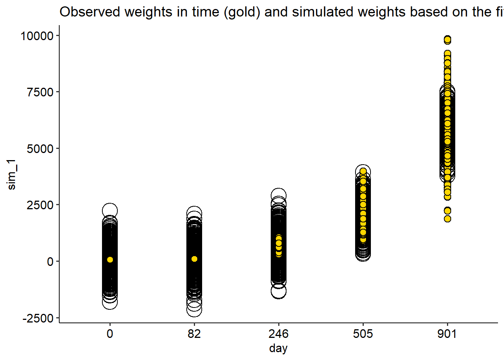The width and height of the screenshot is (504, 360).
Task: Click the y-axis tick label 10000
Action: pyautogui.click(x=37, y=36)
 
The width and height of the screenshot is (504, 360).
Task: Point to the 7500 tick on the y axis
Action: pyautogui.click(x=40, y=92)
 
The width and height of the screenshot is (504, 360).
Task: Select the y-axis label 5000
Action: pyautogui.click(x=40, y=149)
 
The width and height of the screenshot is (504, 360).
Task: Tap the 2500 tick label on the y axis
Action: pyautogui.click(x=40, y=205)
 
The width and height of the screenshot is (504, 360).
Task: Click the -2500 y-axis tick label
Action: pyautogui.click(x=38, y=318)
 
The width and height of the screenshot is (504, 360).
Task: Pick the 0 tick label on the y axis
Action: pyautogui.click(x=50, y=262)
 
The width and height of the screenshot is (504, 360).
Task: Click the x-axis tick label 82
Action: pyautogui.click(x=194, y=334)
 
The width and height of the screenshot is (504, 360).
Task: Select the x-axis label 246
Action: pyautogui.click(x=279, y=334)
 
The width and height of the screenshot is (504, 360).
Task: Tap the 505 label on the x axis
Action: pyautogui.click(x=363, y=334)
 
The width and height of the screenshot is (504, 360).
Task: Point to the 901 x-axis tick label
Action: pyautogui.click(x=447, y=334)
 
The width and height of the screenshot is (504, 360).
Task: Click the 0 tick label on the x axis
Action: pyautogui.click(x=110, y=334)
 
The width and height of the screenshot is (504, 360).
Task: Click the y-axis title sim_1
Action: pyautogui.click(x=12, y=174)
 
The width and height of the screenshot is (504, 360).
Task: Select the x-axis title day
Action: pyautogui.click(x=278, y=348)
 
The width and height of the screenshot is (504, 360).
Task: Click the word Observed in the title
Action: pyautogui.click(x=90, y=12)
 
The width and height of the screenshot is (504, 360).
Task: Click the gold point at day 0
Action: pyautogui.click(x=110, y=259)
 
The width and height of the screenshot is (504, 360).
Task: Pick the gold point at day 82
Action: pyautogui.click(x=194, y=259)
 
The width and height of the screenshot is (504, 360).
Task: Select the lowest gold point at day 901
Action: pyautogui.click(x=447, y=219)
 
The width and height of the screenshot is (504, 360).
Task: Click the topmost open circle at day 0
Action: pyautogui.click(x=110, y=210)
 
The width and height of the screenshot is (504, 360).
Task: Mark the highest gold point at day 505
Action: pyautogui.click(x=363, y=171)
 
